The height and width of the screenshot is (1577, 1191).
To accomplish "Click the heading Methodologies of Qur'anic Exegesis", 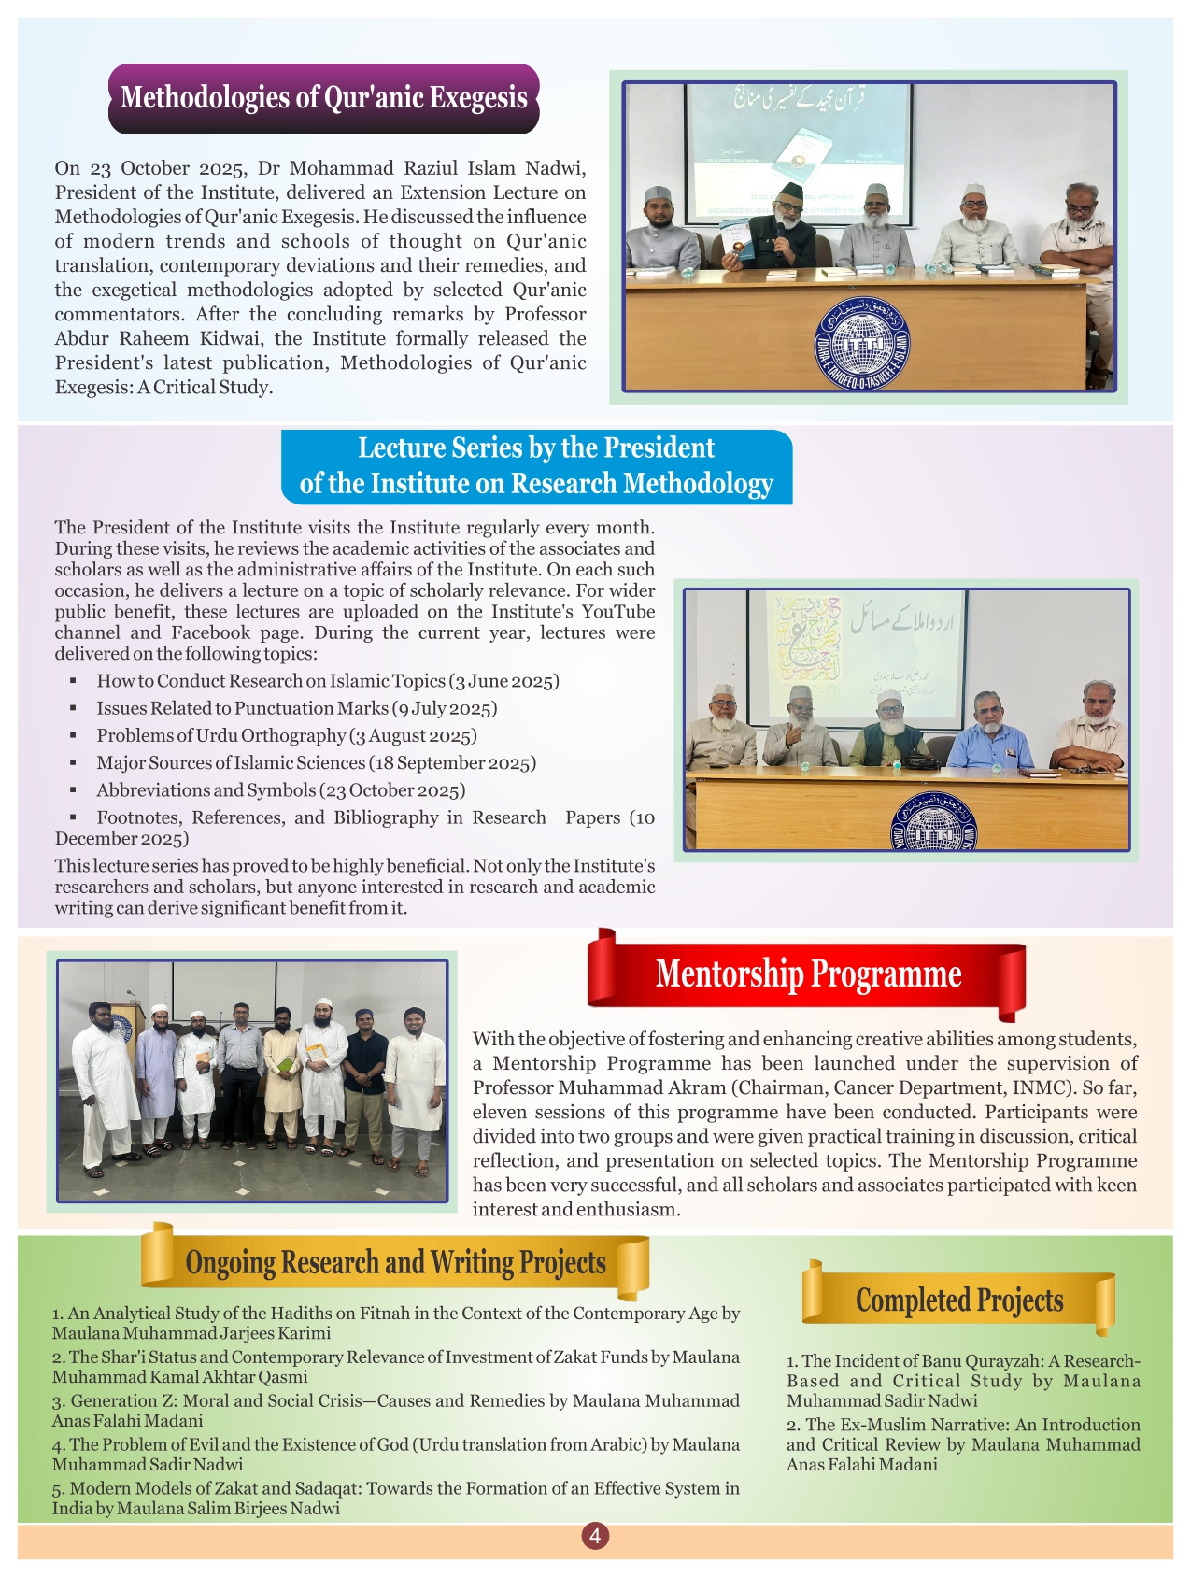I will (x=323, y=98).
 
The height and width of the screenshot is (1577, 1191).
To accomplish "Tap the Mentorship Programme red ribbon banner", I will (x=808, y=974).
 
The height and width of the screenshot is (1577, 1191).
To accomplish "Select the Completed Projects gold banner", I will (x=959, y=1300).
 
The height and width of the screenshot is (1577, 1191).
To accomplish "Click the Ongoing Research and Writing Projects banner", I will (x=395, y=1263).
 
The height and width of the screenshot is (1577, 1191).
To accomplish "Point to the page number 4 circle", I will (x=595, y=1536).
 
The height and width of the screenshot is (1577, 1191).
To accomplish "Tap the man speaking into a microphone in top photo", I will (x=782, y=228).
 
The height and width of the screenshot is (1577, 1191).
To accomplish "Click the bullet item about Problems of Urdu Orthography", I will (x=287, y=736).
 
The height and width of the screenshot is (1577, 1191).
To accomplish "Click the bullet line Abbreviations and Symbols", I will (x=280, y=790).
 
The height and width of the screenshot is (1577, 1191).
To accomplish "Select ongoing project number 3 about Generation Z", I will (x=395, y=1411).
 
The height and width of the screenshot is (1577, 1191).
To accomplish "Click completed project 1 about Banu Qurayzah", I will (x=963, y=1381).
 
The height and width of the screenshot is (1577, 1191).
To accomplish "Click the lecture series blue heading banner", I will (x=536, y=466).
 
